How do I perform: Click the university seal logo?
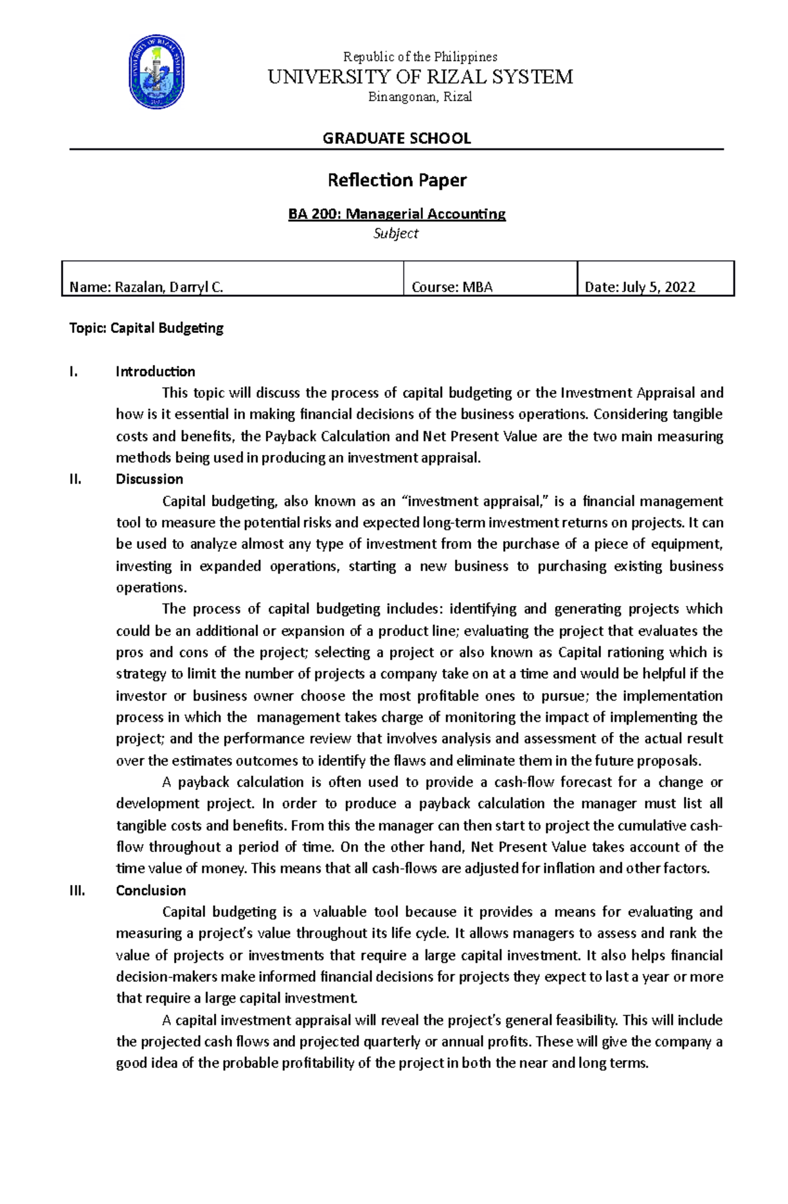pos(156,72)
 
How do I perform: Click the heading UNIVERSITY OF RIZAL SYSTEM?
pos(420,77)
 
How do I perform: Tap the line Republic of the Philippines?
pos(420,56)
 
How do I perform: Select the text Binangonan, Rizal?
pos(420,97)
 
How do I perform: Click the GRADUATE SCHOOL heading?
pos(397,138)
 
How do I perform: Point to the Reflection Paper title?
pos(397,180)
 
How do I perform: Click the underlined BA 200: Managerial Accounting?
pos(397,214)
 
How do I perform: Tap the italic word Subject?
pos(396,233)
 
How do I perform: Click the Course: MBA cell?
pos(452,287)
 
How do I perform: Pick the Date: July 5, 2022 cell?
pos(640,287)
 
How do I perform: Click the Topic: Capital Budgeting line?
pos(146,328)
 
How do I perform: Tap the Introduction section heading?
pos(155,372)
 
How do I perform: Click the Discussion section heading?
pos(149,479)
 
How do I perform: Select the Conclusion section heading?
pos(150,891)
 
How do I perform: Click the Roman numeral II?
pos(75,479)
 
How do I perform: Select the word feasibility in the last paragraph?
pos(586,1020)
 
